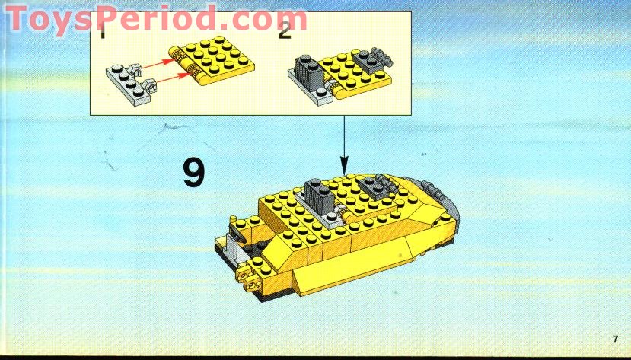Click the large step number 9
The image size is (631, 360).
[x=194, y=172]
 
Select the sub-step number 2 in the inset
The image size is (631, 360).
[x=285, y=31]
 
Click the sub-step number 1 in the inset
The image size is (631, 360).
[x=103, y=31]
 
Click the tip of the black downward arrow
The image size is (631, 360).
[x=343, y=169]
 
